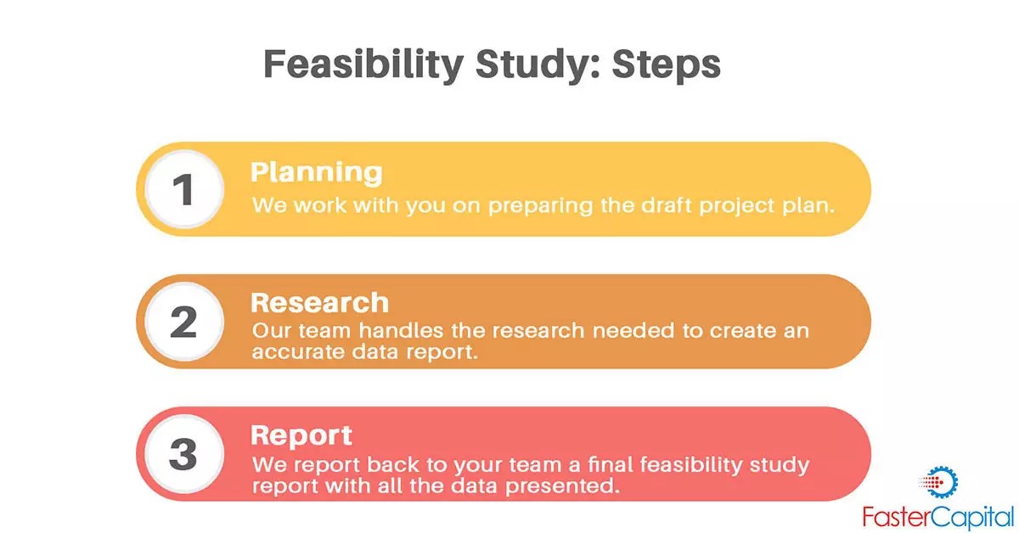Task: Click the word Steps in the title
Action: point(667,65)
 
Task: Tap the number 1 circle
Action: point(184,190)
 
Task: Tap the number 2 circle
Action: point(184,323)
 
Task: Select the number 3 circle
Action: point(184,455)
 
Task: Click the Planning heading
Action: point(316,172)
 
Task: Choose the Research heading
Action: point(319,303)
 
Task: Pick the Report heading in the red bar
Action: point(301,435)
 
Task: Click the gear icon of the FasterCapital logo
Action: point(940,482)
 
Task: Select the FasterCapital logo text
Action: point(937,515)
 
